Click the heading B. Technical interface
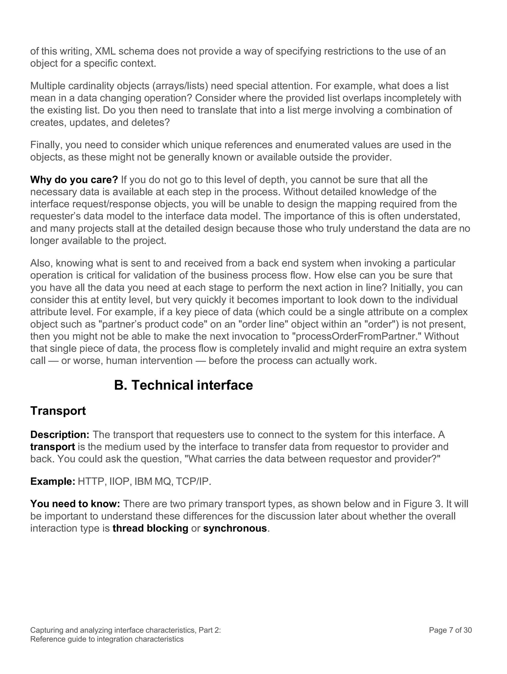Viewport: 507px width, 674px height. pos(183,385)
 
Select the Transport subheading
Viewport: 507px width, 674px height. pos(58,411)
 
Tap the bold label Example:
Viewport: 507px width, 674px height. pos(53,481)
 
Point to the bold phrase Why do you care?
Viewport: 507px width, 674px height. pos(74,180)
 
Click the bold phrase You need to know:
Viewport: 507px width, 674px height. pos(75,504)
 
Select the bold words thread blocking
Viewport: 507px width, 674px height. pos(150,528)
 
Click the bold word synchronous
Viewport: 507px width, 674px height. pos(235,528)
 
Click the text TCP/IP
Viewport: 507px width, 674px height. pos(193,481)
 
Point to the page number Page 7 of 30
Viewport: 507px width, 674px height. pos(450,630)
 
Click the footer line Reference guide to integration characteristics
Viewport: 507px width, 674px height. pos(107,639)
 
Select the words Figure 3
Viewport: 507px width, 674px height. pos(422,504)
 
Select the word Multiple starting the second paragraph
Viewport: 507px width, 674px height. pos(48,86)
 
